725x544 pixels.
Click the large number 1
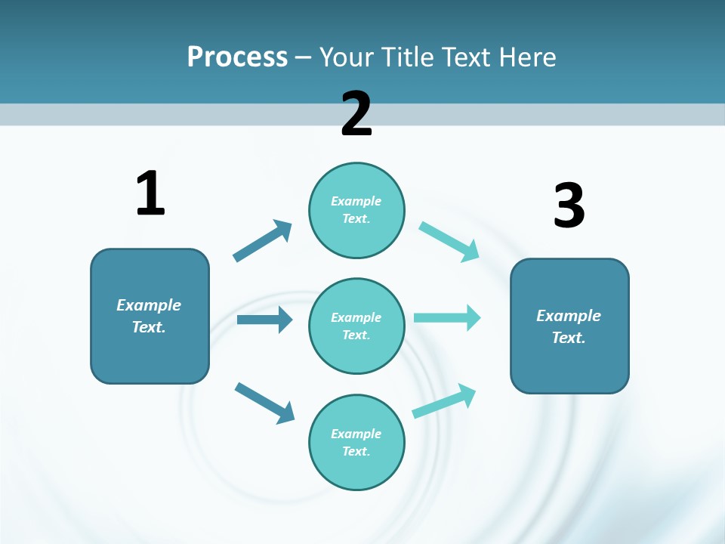(150, 193)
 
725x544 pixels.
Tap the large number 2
(356, 114)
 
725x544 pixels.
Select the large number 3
(569, 206)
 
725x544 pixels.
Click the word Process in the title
(237, 57)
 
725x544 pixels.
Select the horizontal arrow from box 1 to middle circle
(264, 320)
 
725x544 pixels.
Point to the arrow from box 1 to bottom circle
(264, 403)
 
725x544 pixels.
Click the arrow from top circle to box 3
(449, 241)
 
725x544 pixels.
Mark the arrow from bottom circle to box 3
(444, 401)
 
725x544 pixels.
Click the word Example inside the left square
(149, 305)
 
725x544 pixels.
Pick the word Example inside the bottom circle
(356, 434)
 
